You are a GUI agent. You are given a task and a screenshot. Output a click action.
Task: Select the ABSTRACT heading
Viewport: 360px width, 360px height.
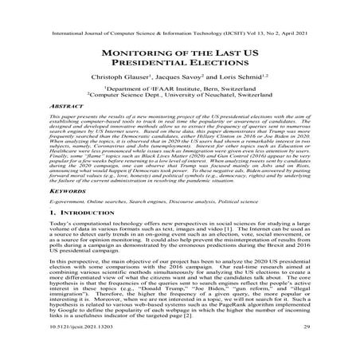[x=66, y=115]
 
